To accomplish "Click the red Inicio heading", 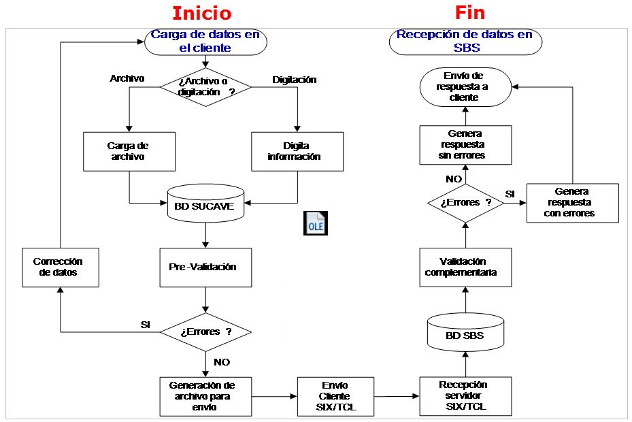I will point(201,13).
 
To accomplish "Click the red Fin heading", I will point(469,12).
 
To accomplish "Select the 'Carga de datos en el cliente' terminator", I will point(204,42).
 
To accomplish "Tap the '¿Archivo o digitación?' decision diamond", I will point(205,86).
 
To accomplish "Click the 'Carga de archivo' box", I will point(128,151).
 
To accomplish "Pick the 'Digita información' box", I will point(297,151).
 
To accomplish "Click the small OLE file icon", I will point(314,224).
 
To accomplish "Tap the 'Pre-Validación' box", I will point(205,267).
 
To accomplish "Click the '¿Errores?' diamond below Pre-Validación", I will point(205,332).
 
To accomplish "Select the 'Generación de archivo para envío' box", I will point(205,396).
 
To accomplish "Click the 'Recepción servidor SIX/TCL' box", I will point(465,395).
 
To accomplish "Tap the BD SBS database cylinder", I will point(465,334).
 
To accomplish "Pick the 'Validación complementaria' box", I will point(465,267).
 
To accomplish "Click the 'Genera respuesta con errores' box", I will point(572,203).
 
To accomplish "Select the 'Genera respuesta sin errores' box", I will point(465,144).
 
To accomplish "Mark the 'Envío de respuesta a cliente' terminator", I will point(465,86).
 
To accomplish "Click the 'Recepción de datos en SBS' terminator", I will point(465,42).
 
